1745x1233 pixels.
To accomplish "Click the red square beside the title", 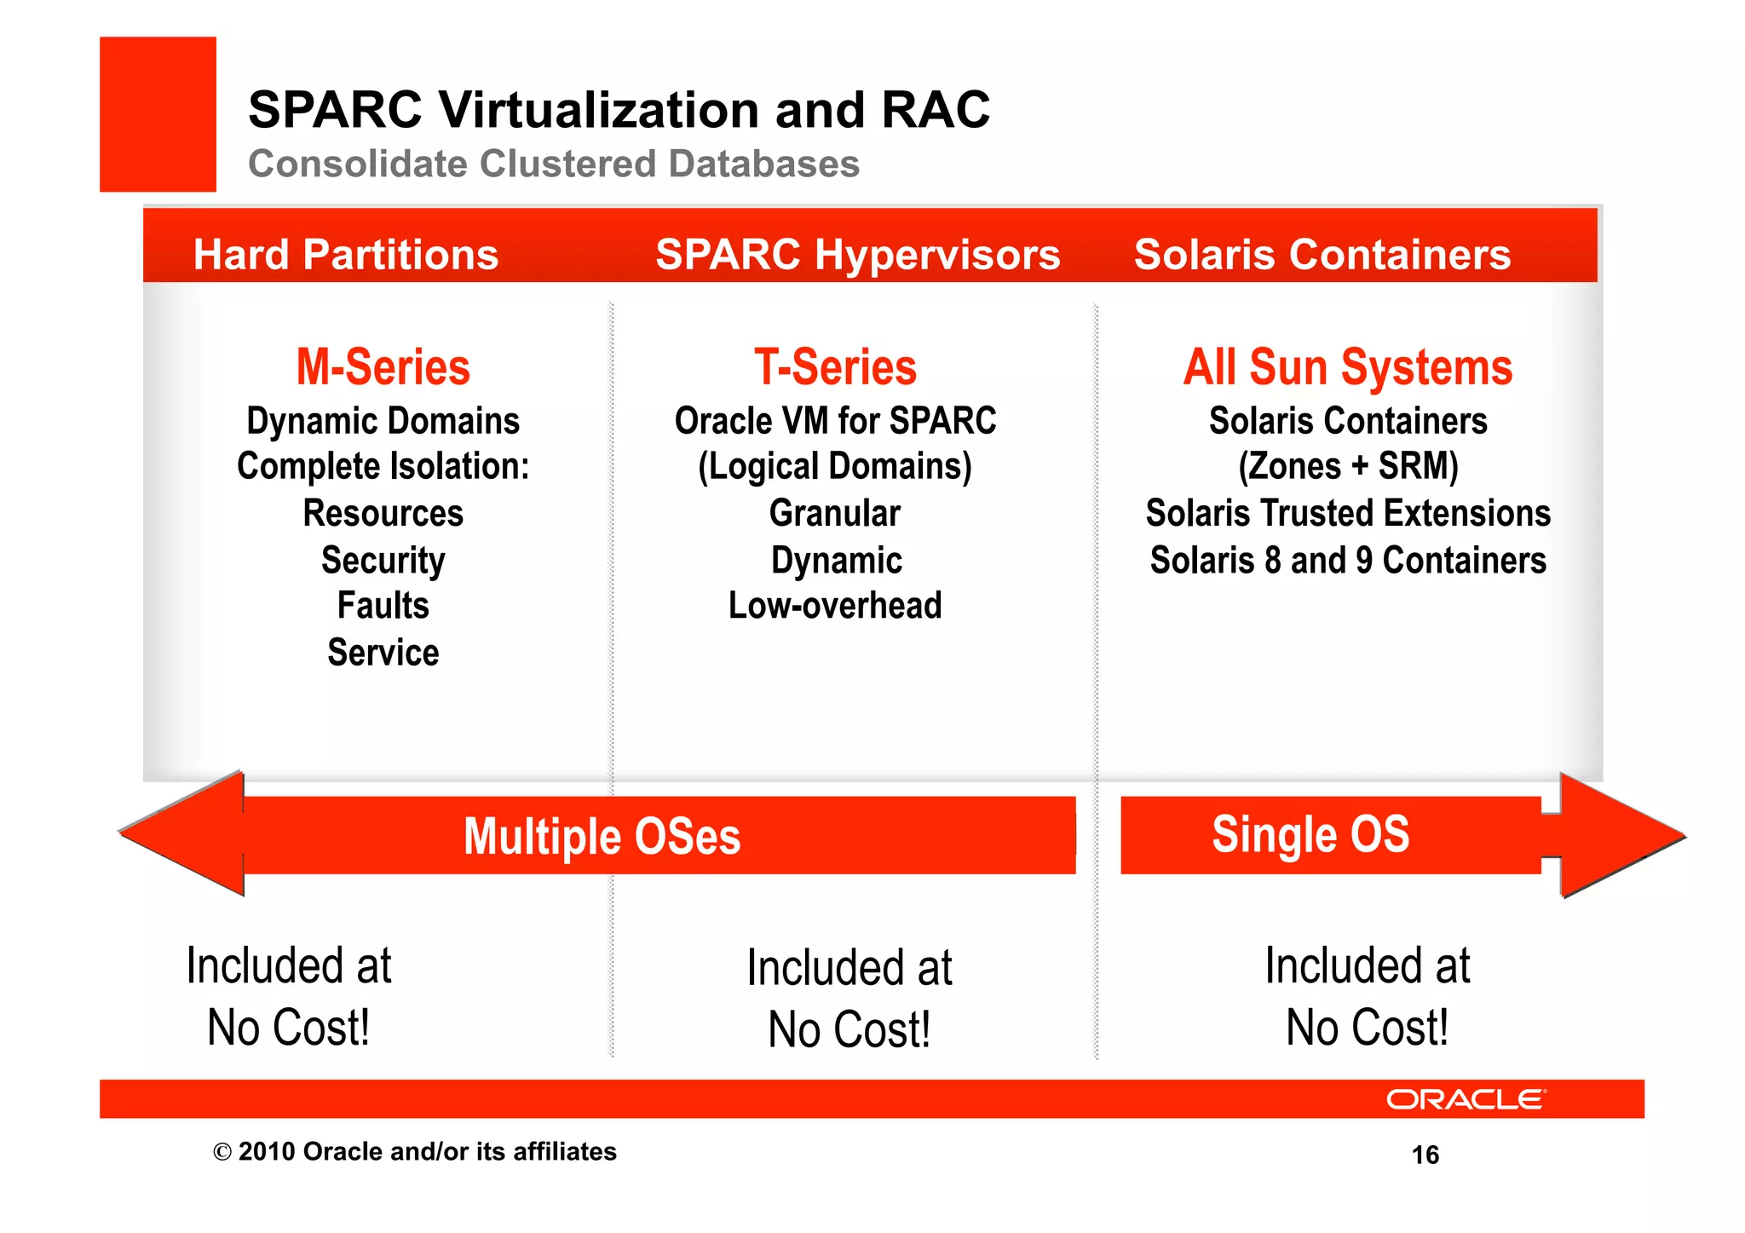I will tap(158, 113).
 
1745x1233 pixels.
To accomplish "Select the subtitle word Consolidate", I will tap(357, 164).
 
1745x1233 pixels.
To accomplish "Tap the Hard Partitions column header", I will tap(345, 254).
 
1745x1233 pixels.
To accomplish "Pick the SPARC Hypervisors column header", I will tap(857, 254).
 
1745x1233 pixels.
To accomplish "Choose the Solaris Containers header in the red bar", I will tap(1322, 254).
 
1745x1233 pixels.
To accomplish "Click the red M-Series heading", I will tap(383, 367).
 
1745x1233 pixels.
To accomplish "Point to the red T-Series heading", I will tap(835, 367).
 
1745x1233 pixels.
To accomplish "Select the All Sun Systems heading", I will tap(1347, 367).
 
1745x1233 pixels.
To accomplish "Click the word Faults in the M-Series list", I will tap(383, 606).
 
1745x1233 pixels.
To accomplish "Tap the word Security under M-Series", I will tap(383, 560).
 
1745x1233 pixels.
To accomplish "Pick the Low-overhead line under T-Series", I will tap(835, 606).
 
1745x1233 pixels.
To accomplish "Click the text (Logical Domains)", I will tap(835, 466).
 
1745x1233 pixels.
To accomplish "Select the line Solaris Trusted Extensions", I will tap(1347, 513).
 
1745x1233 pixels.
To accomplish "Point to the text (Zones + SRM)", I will tap(1347, 466).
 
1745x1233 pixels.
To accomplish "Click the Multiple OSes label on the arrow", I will tap(602, 836).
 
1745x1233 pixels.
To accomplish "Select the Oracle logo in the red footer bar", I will tap(1465, 1099).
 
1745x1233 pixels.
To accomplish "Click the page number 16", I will tap(1425, 1155).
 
